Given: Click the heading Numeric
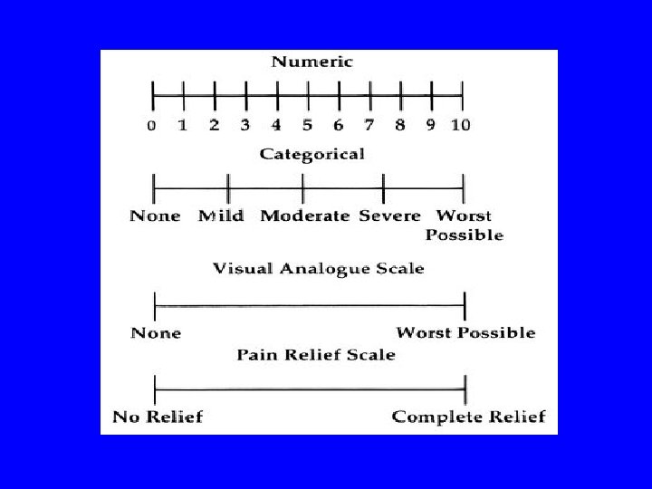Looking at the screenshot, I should (x=312, y=62).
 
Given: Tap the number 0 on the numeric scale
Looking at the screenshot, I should (x=152, y=125).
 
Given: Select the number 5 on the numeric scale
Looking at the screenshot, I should (x=307, y=125).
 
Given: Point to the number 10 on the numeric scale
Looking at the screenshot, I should (x=460, y=125).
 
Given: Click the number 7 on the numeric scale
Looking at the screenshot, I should (x=369, y=125).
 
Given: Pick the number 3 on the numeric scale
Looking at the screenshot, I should (x=245, y=125).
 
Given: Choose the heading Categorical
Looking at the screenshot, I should (x=312, y=154).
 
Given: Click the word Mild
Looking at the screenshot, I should (x=221, y=216).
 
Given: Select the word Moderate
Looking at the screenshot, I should (x=305, y=216).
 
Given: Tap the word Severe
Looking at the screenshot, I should (x=390, y=216).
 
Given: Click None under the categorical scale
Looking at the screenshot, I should (x=155, y=216).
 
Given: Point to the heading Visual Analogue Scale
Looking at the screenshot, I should (x=318, y=269).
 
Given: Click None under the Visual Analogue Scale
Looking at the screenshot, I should (x=156, y=333).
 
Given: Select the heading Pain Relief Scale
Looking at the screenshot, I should (x=316, y=354).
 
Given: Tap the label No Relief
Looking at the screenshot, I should (x=158, y=417).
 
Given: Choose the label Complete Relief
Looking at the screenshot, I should (x=468, y=417).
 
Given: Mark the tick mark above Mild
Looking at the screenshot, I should (x=228, y=188).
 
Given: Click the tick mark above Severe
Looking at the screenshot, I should (x=384, y=188).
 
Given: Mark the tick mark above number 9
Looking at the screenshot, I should (x=432, y=93).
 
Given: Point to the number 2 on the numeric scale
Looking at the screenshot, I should (x=215, y=125).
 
